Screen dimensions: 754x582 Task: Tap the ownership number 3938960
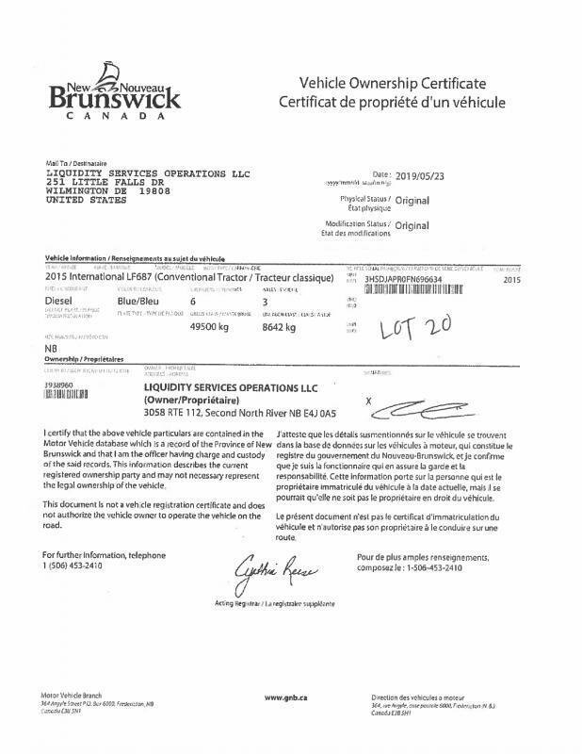point(62,385)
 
